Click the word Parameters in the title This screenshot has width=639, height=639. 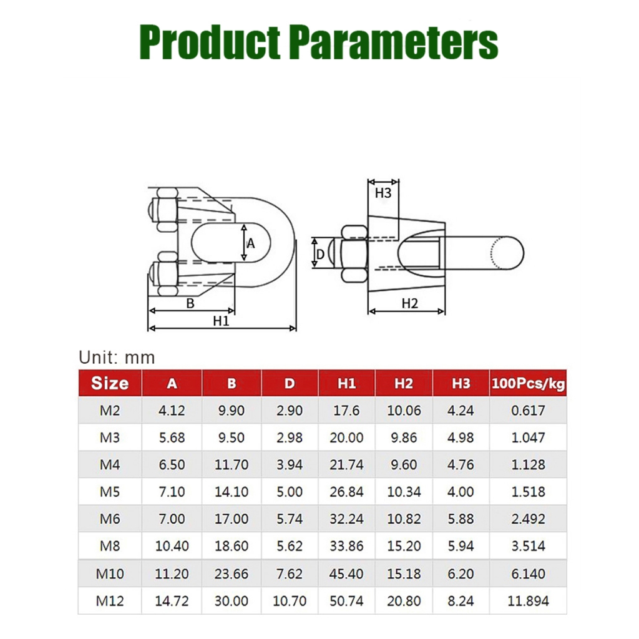(x=396, y=42)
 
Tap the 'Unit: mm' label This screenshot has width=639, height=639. (x=117, y=358)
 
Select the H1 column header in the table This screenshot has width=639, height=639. (x=346, y=384)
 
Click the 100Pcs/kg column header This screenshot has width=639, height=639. (x=528, y=384)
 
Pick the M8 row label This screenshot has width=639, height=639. (x=110, y=545)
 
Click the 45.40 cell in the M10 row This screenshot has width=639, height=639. (x=346, y=574)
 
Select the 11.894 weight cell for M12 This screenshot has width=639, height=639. (x=528, y=601)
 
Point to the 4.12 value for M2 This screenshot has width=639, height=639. (x=172, y=410)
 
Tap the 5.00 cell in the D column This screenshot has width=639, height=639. (x=290, y=492)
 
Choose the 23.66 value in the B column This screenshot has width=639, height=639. (x=232, y=574)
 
